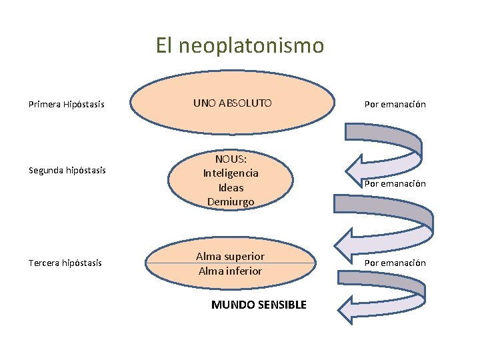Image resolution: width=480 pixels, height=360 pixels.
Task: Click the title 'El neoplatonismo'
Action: point(239,45)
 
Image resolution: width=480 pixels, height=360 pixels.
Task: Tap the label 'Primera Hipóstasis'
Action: point(66,104)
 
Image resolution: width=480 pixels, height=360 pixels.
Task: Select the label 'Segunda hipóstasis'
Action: point(67,170)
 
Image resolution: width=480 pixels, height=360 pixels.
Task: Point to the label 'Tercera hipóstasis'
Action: point(65,263)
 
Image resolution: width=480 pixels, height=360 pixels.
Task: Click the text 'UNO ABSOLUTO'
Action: point(232,103)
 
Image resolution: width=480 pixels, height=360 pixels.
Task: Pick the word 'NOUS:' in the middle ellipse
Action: point(231,159)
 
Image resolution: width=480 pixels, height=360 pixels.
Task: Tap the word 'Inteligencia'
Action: point(231,173)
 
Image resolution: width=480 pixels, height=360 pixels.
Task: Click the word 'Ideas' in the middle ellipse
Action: point(231,187)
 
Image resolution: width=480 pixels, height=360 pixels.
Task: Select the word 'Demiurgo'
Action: point(231,201)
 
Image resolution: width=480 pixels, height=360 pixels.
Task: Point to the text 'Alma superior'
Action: point(230,256)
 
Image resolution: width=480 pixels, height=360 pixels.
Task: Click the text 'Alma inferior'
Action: point(230,271)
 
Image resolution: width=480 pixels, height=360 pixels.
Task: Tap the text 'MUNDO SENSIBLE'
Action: point(259,305)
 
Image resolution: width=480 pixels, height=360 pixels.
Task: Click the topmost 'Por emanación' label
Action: point(395,104)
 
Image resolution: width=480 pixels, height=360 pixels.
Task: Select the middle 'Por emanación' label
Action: point(395,183)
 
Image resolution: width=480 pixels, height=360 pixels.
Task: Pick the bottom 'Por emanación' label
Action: point(395,263)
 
